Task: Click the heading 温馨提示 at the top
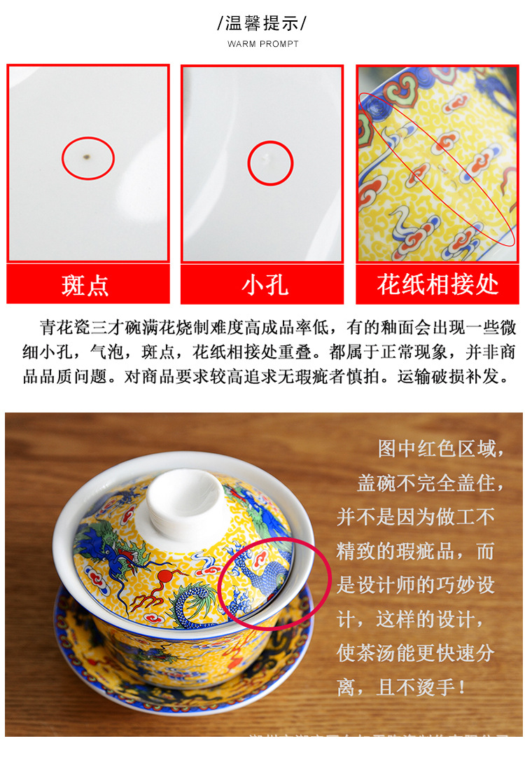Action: tap(262, 23)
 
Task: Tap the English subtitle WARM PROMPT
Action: tap(262, 44)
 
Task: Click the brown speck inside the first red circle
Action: tap(87, 157)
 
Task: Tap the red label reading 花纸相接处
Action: tap(437, 284)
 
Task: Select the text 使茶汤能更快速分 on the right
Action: tap(415, 653)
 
